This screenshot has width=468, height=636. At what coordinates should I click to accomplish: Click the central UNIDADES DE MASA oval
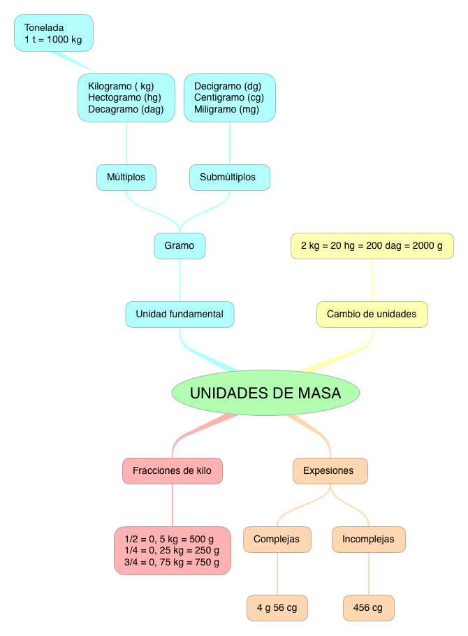click(265, 393)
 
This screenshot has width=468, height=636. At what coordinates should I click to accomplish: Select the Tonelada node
click(54, 33)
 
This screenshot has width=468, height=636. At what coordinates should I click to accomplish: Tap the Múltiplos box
click(126, 177)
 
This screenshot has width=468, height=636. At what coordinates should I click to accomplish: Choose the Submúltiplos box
click(229, 177)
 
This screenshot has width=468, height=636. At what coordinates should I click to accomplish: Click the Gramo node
click(180, 246)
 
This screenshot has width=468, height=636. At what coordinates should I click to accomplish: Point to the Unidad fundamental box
click(180, 315)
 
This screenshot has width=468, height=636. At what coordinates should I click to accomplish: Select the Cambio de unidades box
click(372, 315)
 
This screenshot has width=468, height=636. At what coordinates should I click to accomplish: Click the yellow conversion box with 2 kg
click(372, 246)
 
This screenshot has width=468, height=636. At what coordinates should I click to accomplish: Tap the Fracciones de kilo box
click(172, 470)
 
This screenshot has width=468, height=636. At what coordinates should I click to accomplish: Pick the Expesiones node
click(330, 470)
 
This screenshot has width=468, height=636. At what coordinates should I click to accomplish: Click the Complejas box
click(277, 539)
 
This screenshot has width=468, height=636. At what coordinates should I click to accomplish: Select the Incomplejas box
click(368, 539)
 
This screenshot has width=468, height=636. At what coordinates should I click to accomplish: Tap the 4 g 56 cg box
click(277, 608)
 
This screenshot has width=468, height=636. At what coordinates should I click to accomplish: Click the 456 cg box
click(368, 608)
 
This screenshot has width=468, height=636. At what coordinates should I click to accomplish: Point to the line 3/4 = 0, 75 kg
click(172, 562)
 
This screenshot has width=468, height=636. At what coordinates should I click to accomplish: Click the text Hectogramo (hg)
click(124, 98)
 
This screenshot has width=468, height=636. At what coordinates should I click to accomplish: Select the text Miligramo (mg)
click(226, 110)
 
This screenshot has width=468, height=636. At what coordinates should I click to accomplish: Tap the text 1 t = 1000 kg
click(53, 40)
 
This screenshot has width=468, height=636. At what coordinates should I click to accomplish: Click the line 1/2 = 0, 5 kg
click(169, 539)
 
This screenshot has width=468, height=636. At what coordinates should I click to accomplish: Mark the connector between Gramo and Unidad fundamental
click(180, 280)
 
